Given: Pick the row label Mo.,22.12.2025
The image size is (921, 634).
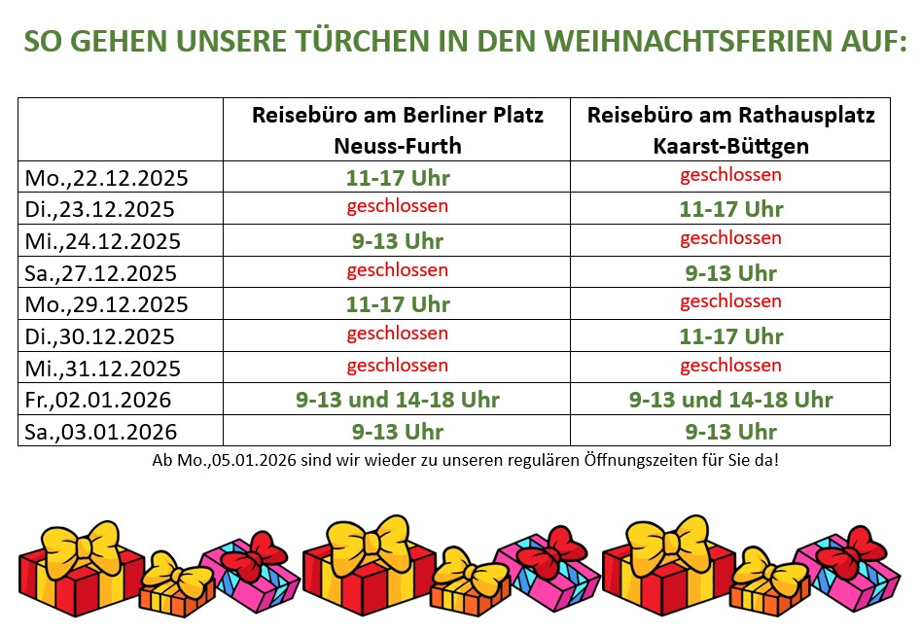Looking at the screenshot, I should (106, 178).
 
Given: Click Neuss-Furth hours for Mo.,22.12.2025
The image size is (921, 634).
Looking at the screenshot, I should (398, 178).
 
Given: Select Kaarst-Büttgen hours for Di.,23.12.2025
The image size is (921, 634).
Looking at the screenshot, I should (730, 209).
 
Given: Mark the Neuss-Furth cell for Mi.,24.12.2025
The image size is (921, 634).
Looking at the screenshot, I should (398, 241).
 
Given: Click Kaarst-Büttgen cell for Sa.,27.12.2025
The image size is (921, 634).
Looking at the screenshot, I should (730, 273).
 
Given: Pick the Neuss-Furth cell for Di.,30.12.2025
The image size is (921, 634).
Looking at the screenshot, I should (398, 334).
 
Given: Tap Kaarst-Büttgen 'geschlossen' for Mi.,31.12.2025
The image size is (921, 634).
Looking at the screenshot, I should (730, 366).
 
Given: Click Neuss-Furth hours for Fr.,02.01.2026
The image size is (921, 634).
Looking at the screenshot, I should (398, 400).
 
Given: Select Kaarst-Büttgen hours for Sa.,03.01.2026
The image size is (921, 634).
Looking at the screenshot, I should (730, 432).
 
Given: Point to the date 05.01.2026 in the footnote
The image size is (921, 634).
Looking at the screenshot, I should (250, 460).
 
